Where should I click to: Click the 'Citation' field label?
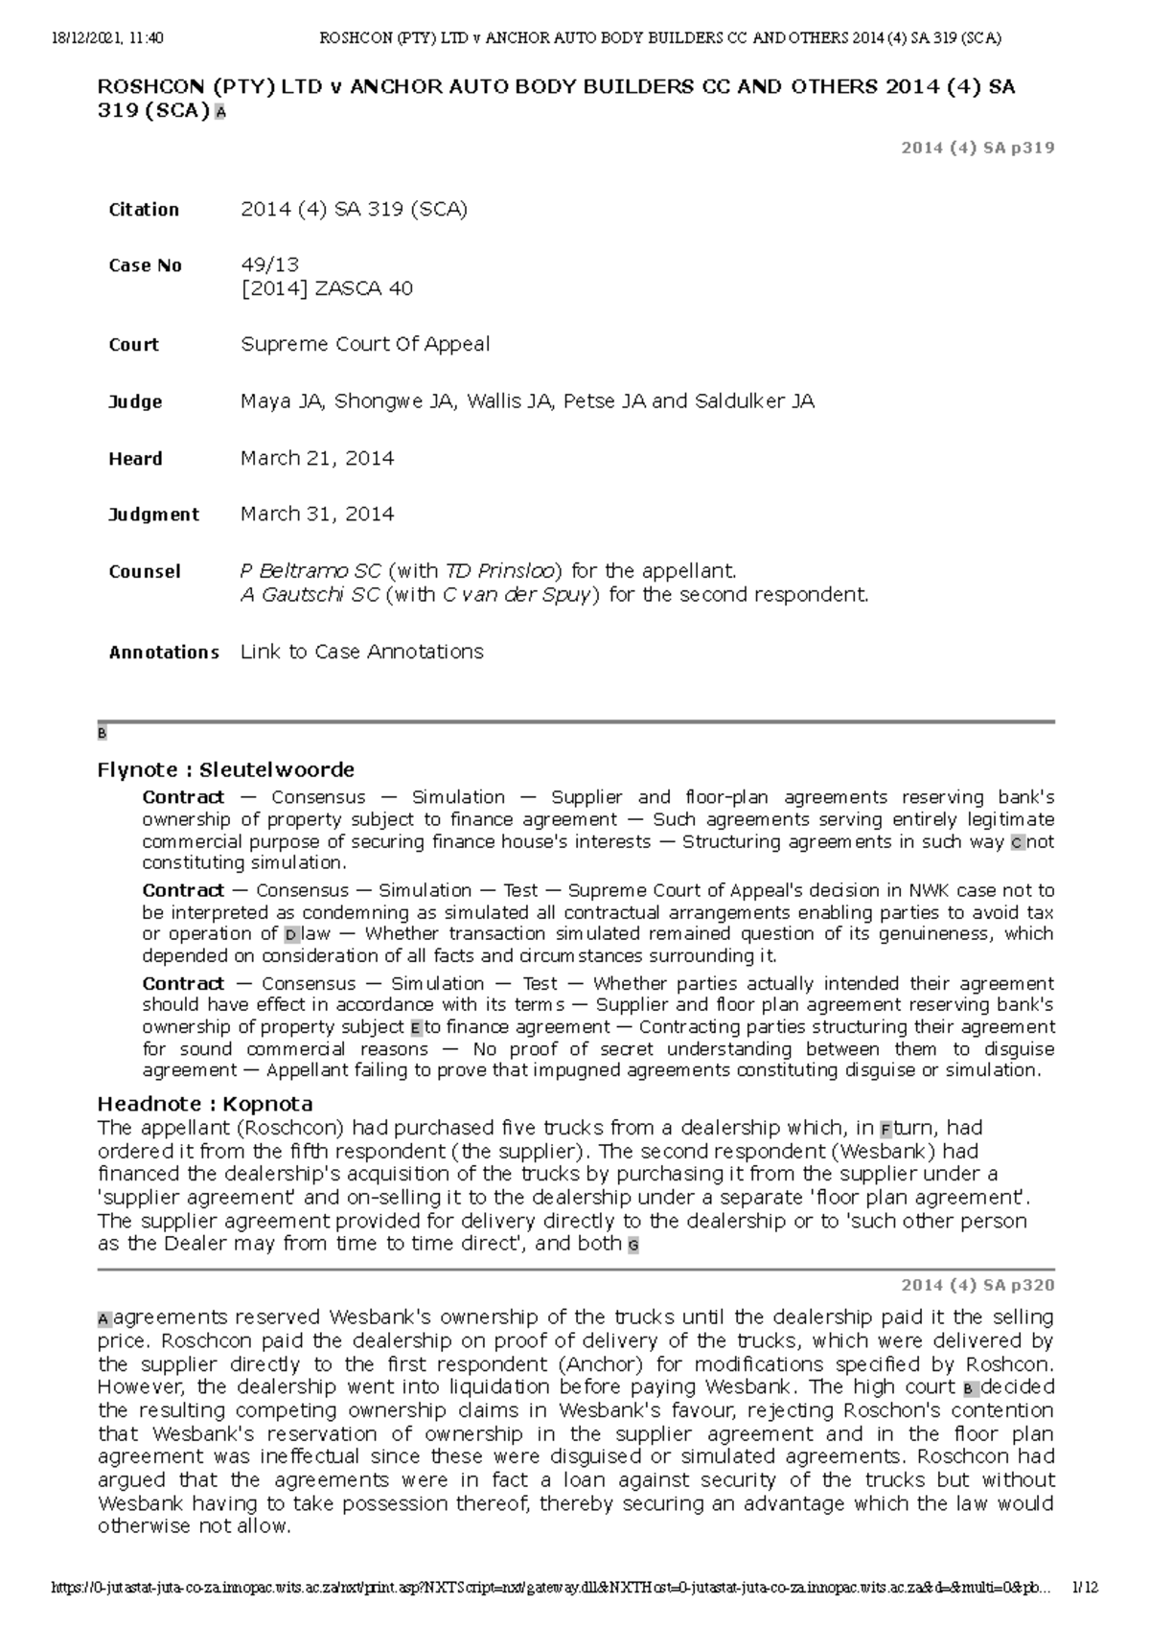(144, 210)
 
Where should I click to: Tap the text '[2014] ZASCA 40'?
(327, 288)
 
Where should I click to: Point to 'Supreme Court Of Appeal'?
(365, 344)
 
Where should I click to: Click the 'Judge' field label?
(135, 401)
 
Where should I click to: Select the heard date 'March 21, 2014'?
(317, 458)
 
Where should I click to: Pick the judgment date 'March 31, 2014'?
(317, 514)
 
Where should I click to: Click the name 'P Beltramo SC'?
(310, 571)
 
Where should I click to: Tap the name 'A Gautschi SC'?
(310, 595)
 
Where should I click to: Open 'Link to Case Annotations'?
(361, 652)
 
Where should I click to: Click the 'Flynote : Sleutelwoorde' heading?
(226, 769)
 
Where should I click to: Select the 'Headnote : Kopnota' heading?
(205, 1104)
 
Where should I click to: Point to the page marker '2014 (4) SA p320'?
(977, 1285)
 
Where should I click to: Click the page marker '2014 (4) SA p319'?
(977, 148)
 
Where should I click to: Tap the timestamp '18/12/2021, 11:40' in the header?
(107, 38)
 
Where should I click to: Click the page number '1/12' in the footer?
(1085, 1587)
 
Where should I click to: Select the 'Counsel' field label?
(145, 572)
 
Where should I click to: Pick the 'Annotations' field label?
(164, 653)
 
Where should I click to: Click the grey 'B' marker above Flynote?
(102, 734)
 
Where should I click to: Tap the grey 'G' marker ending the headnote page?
(632, 1246)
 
